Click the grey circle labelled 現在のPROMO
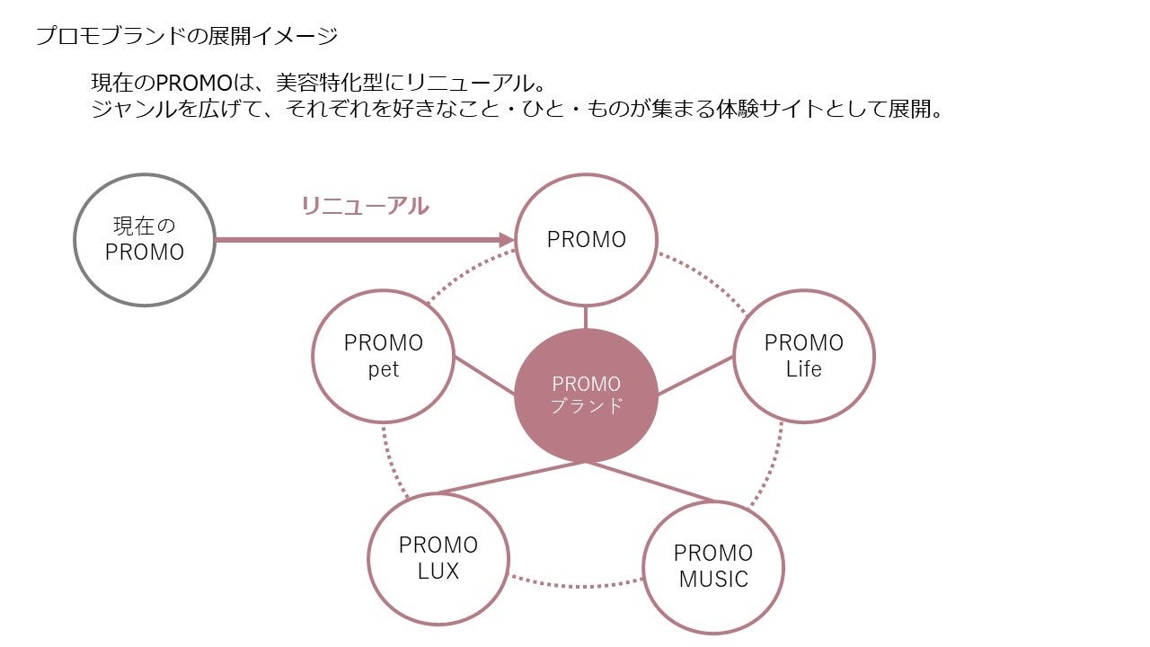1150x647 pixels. pos(144,240)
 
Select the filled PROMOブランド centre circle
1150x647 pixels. pos(586,395)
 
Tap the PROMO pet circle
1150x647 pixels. pos(383,356)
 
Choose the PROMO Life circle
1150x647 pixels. pos(803,356)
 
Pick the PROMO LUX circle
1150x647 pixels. pos(438,558)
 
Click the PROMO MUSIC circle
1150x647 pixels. pos(713,566)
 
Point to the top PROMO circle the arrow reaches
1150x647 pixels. pos(586,240)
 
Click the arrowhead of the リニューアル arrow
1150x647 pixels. pos(506,240)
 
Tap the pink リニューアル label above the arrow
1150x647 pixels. pos(365,206)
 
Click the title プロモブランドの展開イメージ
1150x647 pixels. pos(187,37)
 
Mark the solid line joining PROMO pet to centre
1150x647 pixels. pos(485,377)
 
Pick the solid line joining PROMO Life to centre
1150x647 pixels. pos(696,377)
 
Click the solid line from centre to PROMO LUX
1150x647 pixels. pos(512,478)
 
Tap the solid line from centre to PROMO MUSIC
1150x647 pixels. pos(651,482)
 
